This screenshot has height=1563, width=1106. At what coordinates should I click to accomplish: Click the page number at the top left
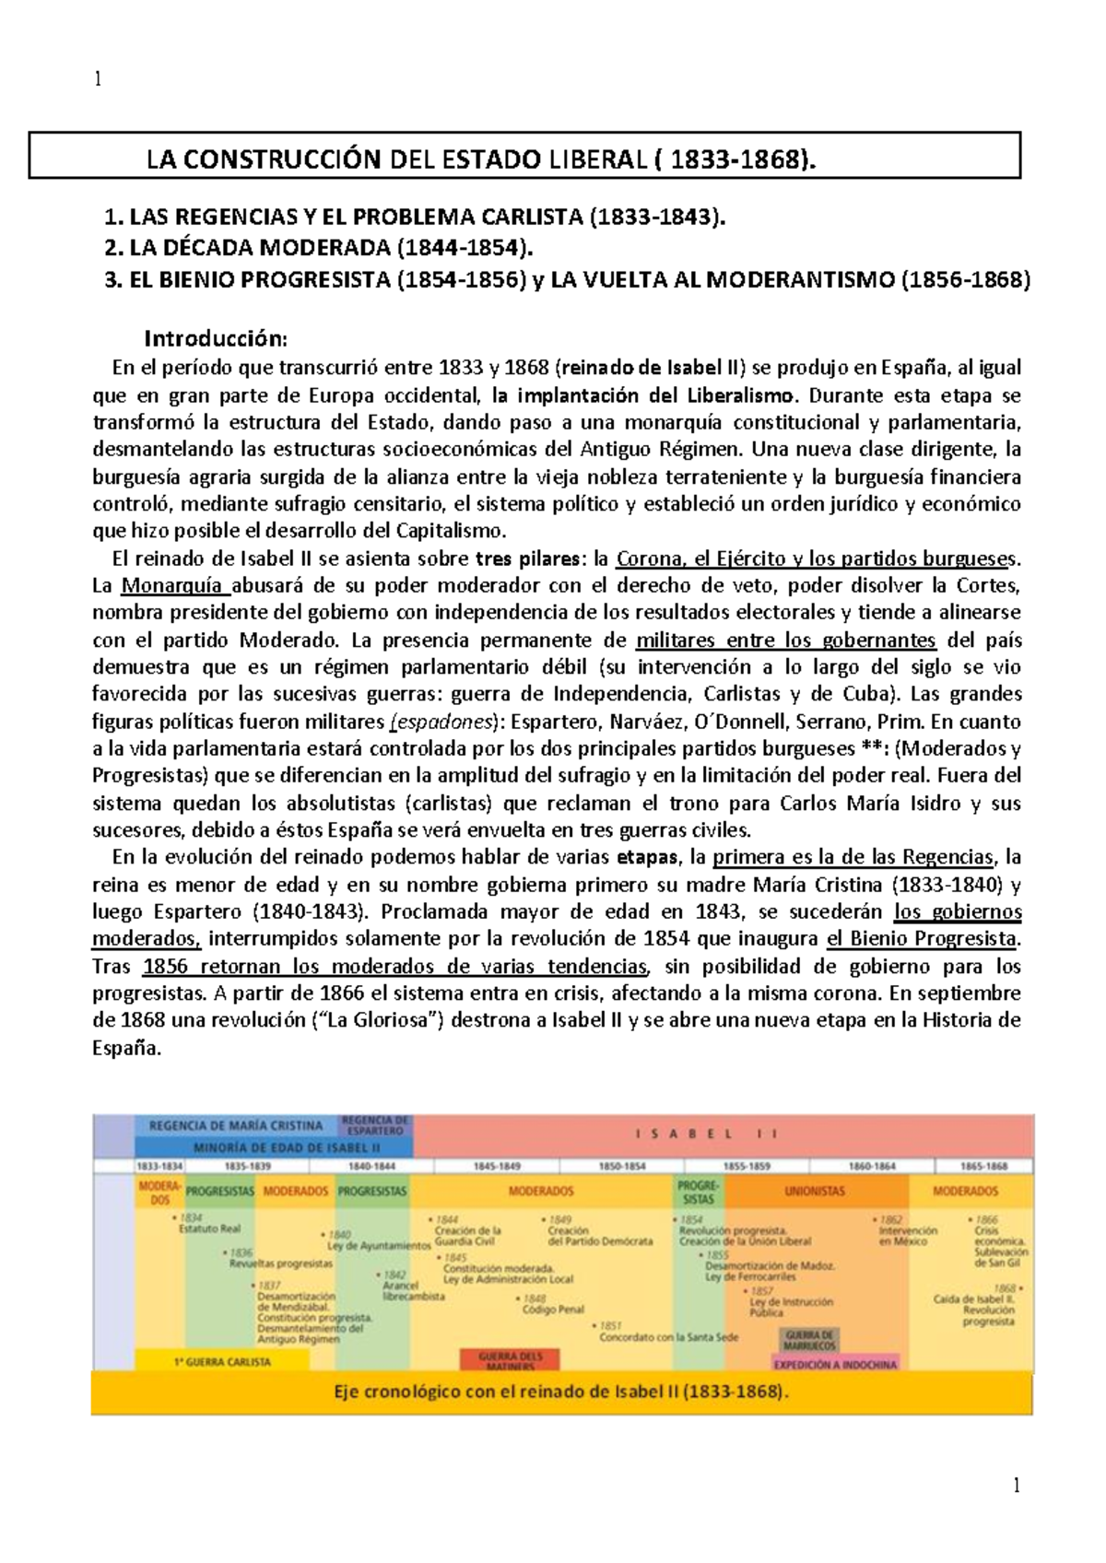coord(97,79)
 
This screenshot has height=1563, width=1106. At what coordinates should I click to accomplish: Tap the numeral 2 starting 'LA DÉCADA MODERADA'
coord(112,248)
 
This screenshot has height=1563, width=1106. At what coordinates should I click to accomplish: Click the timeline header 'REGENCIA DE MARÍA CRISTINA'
coord(236,1125)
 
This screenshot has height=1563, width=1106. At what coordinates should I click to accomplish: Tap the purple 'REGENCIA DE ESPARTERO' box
coord(375,1125)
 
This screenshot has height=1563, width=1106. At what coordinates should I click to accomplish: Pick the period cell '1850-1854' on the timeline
coord(623,1166)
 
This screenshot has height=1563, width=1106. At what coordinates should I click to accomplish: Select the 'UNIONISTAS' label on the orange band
coord(814,1191)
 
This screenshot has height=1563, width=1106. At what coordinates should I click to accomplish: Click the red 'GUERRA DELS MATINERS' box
coord(511,1361)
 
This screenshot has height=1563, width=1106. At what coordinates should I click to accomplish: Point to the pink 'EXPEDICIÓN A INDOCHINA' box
coord(834,1364)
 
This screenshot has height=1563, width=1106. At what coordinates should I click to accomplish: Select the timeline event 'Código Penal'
coord(553,1309)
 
